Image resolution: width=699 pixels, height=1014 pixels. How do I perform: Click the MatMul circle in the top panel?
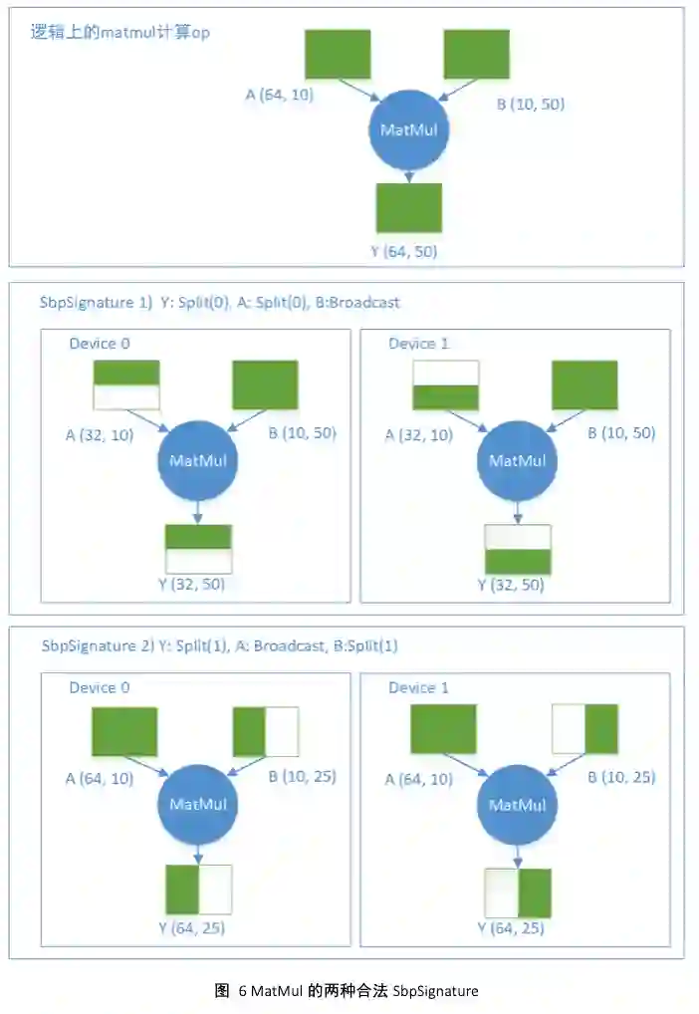(x=408, y=130)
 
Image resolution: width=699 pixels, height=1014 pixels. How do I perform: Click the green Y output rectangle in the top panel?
(x=408, y=207)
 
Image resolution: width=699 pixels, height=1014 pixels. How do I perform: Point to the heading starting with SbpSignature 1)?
(x=220, y=302)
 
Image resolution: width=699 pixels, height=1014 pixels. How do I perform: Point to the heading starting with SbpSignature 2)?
(x=219, y=645)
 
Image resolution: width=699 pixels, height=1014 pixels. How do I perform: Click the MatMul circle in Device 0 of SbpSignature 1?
(x=197, y=460)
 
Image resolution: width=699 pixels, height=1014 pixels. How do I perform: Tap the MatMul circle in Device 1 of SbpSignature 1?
(x=517, y=460)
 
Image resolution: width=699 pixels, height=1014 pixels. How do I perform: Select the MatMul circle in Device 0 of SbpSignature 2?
(x=197, y=803)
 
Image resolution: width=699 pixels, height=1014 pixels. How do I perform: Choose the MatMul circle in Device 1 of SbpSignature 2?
(x=517, y=803)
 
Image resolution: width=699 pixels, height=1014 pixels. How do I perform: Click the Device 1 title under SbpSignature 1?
(x=418, y=344)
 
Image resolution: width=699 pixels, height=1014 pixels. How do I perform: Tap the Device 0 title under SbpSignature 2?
(x=100, y=687)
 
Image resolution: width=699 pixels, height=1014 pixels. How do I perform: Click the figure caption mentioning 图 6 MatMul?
(x=347, y=990)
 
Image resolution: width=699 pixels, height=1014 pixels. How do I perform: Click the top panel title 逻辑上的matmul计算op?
(x=120, y=32)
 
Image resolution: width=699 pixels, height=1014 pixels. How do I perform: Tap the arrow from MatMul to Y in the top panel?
(x=408, y=175)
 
